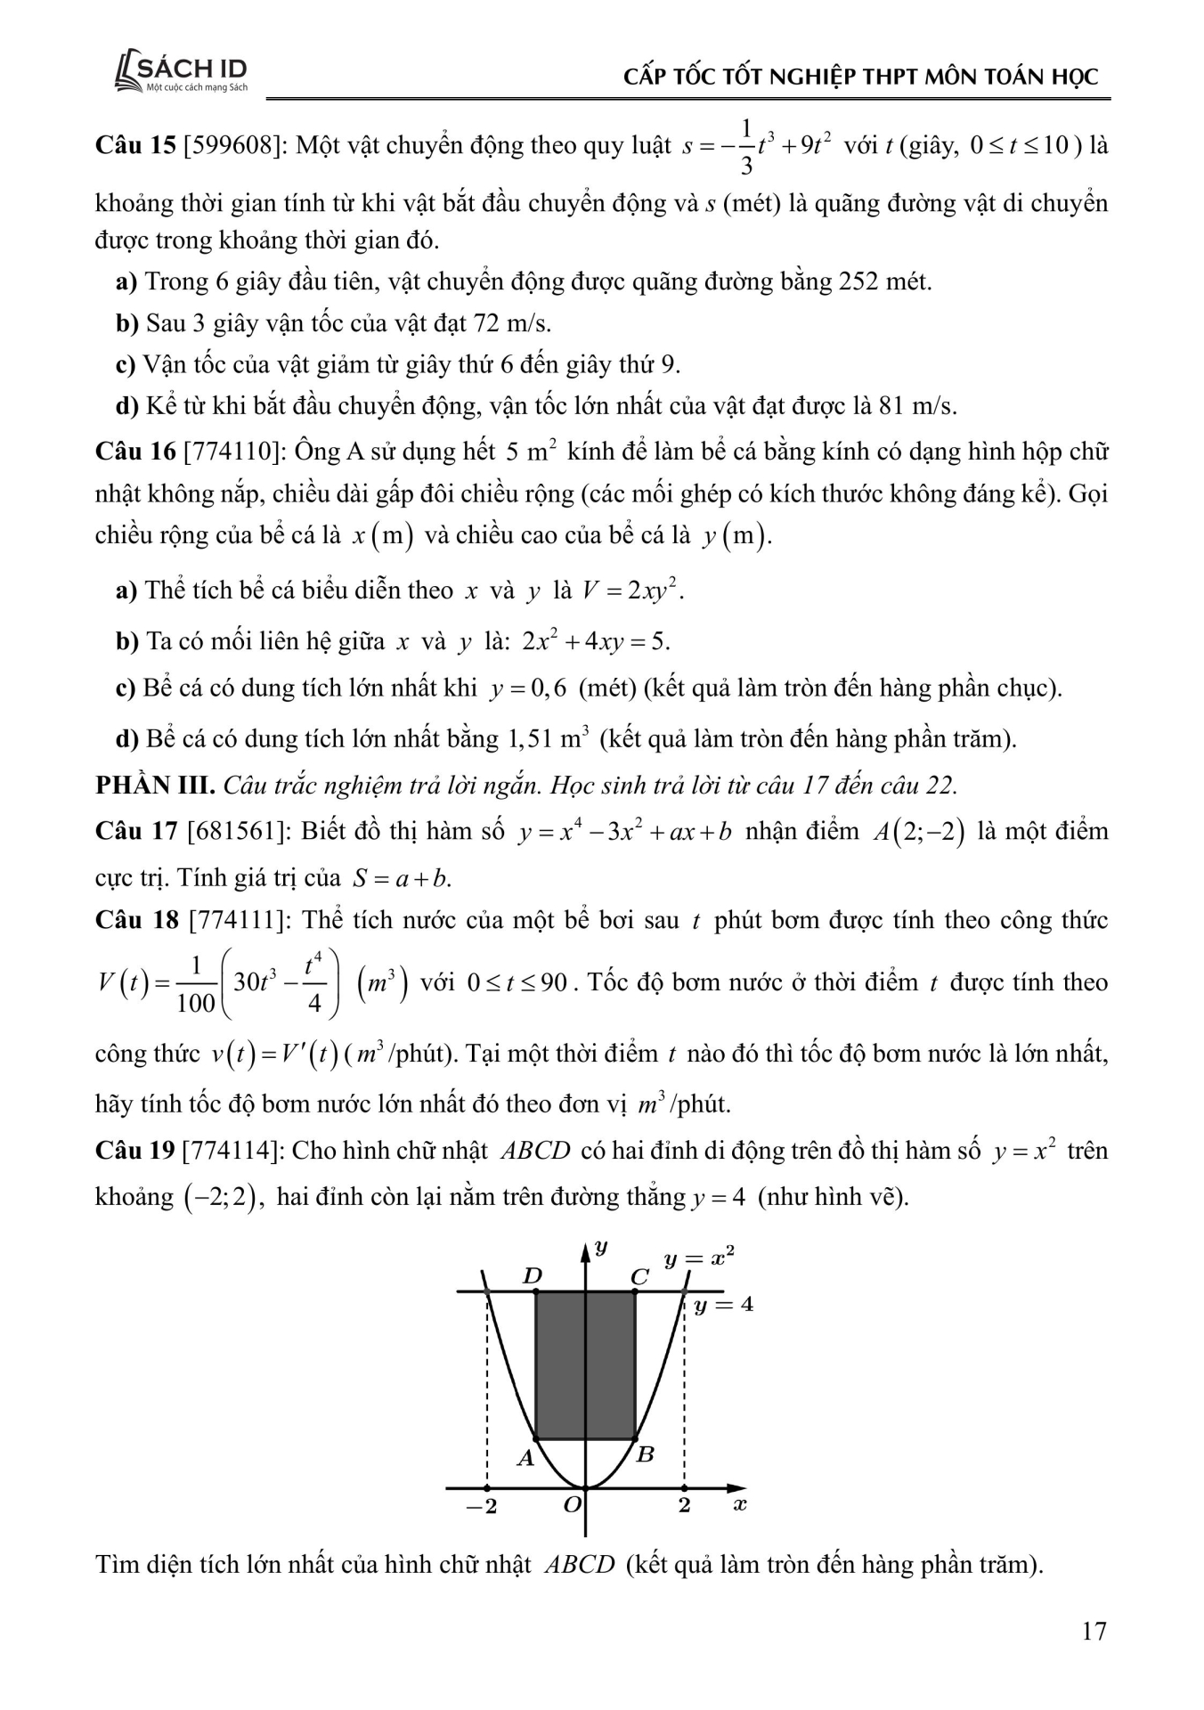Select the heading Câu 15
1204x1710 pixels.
pyautogui.click(x=134, y=145)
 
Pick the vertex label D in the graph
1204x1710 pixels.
pyautogui.click(x=532, y=1275)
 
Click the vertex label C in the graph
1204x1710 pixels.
pyautogui.click(x=639, y=1277)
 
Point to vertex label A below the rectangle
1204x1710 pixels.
pyautogui.click(x=525, y=1458)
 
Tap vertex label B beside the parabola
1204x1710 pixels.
pyautogui.click(x=647, y=1455)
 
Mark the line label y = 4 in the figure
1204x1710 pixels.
pyautogui.click(x=723, y=1305)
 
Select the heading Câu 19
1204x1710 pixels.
pyautogui.click(x=134, y=1151)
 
